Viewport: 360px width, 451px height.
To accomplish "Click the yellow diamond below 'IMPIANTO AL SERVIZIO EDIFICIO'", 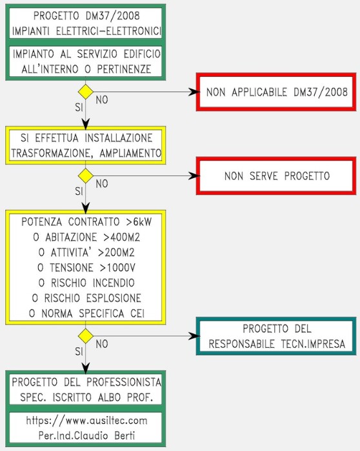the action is point(86,92).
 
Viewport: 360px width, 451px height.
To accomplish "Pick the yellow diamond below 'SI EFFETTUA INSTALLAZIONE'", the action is point(86,175).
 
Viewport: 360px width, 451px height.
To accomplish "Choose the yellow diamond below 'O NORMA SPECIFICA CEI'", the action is point(86,336).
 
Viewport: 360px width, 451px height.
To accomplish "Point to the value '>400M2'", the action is point(122,237).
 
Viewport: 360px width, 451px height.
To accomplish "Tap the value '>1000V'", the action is point(117,268).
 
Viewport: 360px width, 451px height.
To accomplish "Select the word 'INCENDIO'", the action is point(114,283).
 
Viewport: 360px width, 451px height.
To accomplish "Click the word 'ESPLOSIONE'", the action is point(114,298).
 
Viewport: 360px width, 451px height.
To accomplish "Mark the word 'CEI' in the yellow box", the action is point(137,313).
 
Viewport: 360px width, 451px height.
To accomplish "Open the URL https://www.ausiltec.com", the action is point(86,421).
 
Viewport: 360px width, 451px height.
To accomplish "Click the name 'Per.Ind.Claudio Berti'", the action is point(86,436).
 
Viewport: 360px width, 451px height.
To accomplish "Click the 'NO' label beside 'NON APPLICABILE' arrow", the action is point(102,100).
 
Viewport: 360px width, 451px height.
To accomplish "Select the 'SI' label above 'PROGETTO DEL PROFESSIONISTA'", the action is point(79,352).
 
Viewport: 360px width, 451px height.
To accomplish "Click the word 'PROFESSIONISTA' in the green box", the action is point(124,382).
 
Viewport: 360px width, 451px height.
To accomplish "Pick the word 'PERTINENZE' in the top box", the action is point(124,69).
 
